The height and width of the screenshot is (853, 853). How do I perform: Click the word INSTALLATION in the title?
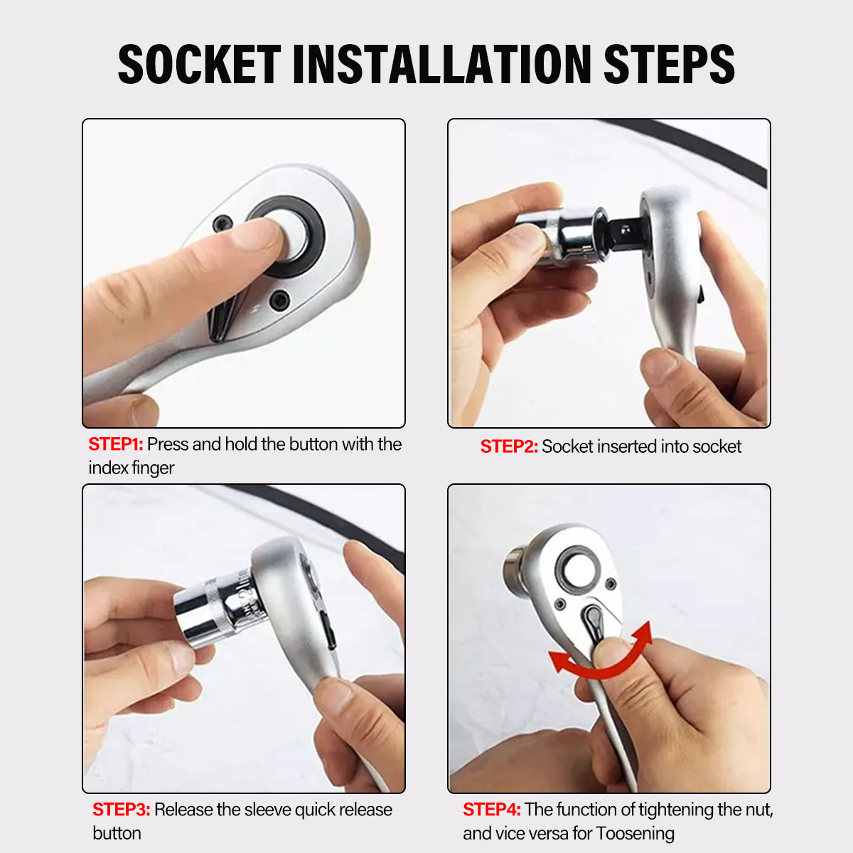tap(441, 65)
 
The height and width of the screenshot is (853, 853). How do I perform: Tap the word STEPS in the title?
tap(668, 65)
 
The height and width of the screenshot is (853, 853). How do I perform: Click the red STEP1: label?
tap(116, 444)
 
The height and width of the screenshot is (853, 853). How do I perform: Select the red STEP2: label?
tap(509, 446)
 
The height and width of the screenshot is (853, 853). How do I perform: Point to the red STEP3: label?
tap(121, 810)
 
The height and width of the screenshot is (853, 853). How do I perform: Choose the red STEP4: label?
tap(492, 810)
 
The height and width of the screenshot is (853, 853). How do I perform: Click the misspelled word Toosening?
tap(635, 833)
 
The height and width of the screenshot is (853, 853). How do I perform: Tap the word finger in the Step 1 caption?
tap(153, 468)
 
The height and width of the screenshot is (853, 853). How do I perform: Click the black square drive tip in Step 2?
tap(624, 230)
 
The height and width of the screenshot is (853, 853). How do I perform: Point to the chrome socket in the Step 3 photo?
tap(213, 610)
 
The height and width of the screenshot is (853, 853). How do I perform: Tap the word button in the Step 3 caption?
tap(117, 833)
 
